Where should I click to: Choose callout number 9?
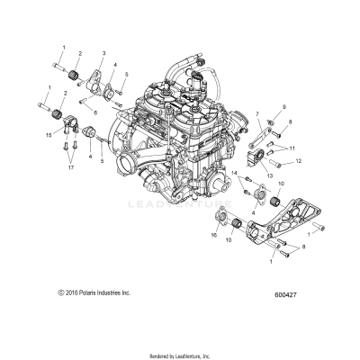[280, 108]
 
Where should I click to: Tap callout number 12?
[299, 164]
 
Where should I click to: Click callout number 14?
[237, 172]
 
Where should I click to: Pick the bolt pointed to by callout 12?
[280, 164]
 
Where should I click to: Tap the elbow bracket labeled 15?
[64, 120]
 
